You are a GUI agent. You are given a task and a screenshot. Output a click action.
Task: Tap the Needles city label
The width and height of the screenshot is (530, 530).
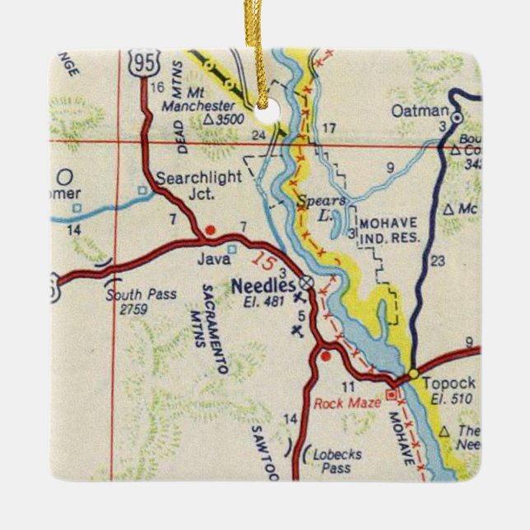pyautogui.click(x=263, y=286)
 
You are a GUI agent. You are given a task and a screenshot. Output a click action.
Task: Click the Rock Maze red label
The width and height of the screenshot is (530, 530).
pyautogui.click(x=347, y=402)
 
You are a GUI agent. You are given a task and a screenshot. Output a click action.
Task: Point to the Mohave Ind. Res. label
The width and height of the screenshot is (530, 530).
pyautogui.click(x=389, y=230)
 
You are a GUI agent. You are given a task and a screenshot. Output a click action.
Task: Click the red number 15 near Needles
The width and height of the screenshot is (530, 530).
pyautogui.click(x=262, y=262)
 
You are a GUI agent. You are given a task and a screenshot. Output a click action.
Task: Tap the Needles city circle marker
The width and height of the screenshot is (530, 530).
pyautogui.click(x=306, y=281)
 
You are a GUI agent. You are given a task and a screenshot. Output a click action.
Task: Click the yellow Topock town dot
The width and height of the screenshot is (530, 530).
pyautogui.click(x=413, y=373)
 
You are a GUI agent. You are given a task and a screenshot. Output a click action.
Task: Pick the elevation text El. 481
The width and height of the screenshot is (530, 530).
pyautogui.click(x=263, y=300)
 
